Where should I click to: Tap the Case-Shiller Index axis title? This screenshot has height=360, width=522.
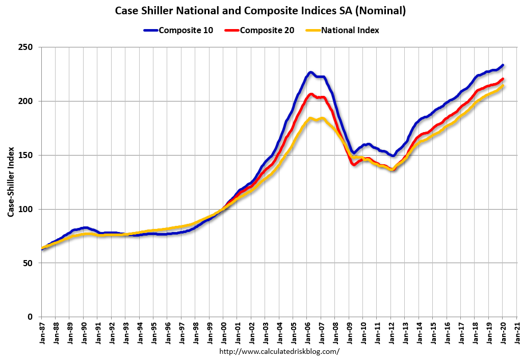pos(11,182)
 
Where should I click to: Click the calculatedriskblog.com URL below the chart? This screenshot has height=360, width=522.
pos(279,351)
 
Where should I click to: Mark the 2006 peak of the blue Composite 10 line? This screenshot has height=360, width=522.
pos(310,72)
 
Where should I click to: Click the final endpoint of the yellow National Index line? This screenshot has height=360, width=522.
pos(503,86)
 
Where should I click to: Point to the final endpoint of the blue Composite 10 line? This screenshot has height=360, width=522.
pos(503,65)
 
